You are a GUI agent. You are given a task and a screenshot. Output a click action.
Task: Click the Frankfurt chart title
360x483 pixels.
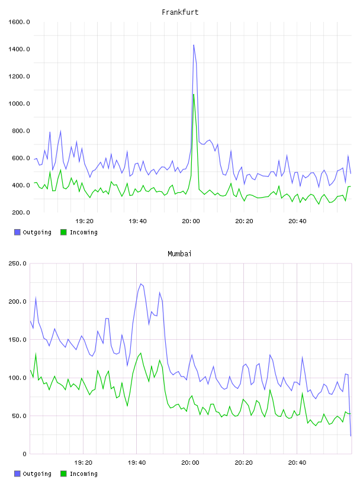tap(180, 12)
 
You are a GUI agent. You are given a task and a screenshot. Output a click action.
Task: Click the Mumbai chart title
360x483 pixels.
tap(179, 254)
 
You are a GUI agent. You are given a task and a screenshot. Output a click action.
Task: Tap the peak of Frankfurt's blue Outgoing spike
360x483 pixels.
tap(194, 45)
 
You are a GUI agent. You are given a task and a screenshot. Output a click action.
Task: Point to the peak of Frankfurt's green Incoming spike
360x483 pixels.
tap(194, 94)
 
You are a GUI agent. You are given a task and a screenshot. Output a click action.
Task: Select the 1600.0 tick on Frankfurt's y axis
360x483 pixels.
tap(19, 22)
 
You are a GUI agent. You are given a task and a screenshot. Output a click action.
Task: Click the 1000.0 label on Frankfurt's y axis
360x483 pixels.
tap(19, 104)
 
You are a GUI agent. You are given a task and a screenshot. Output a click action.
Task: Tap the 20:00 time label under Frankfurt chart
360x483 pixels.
tap(191, 221)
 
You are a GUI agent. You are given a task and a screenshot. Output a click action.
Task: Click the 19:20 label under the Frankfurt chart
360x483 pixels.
tap(84, 221)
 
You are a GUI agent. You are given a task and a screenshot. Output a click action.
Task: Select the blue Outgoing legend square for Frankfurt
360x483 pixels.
tap(17, 232)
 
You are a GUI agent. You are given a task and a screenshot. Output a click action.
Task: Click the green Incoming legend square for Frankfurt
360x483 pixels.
tap(63, 232)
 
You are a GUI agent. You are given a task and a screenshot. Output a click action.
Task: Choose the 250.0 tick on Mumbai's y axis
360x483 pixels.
tap(18, 263)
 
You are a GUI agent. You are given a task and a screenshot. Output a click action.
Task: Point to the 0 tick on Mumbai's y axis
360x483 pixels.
tap(25, 454)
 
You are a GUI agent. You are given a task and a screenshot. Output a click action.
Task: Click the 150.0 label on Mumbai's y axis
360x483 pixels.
tap(18, 339)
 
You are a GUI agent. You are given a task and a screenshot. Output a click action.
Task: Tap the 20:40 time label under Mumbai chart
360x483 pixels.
tap(297, 463)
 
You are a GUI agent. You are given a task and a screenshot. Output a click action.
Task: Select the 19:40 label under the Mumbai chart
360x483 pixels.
tap(137, 463)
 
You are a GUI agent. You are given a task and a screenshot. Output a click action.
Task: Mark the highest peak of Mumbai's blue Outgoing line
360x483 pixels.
tap(141, 284)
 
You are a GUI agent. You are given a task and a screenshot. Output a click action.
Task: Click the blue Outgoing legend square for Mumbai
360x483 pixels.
tap(17, 474)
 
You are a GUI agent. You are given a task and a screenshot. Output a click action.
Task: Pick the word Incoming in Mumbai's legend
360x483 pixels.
tap(83, 474)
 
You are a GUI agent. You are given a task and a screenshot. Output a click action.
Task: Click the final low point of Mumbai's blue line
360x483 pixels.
tap(351, 436)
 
